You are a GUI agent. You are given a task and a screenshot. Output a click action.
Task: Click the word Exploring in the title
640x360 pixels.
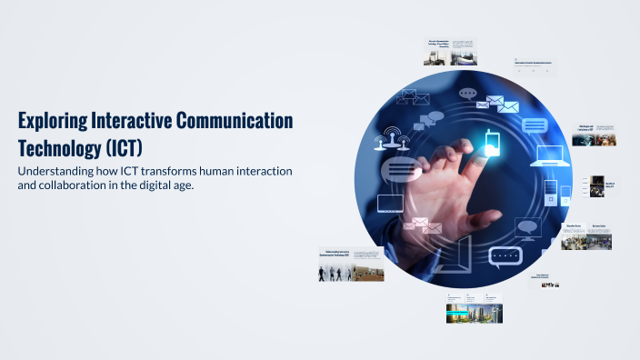[51, 121]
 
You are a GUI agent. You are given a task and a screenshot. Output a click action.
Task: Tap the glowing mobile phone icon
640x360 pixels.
[492, 144]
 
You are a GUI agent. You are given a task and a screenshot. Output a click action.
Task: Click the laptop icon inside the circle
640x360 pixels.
[551, 155]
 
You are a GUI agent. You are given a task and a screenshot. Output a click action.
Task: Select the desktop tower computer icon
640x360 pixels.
[551, 195]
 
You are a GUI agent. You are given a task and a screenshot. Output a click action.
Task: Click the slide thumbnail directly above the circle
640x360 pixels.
[451, 52]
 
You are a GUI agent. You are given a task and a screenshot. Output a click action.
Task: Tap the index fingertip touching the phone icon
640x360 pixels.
[480, 156]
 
